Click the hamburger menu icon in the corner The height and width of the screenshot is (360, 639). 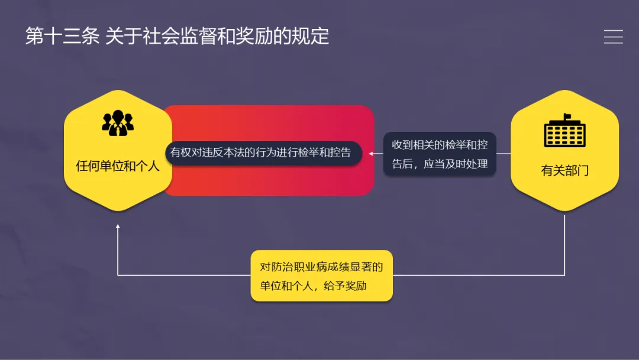(613, 37)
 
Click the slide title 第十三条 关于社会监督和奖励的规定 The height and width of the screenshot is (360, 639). (177, 37)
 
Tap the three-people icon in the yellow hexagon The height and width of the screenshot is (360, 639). (118, 123)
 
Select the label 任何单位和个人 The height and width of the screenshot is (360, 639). (118, 166)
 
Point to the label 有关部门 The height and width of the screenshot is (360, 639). (564, 171)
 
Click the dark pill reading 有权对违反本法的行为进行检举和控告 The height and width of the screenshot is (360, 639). (261, 152)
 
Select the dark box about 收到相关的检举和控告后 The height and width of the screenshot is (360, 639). (440, 154)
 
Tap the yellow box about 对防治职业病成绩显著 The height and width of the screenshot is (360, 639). (321, 276)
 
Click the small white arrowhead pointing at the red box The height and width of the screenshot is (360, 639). (372, 153)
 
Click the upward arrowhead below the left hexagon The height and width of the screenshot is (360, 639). (118, 227)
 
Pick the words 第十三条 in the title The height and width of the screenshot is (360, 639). (62, 37)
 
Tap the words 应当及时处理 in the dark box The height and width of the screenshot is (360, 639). (456, 164)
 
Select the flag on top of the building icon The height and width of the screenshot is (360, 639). (567, 116)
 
